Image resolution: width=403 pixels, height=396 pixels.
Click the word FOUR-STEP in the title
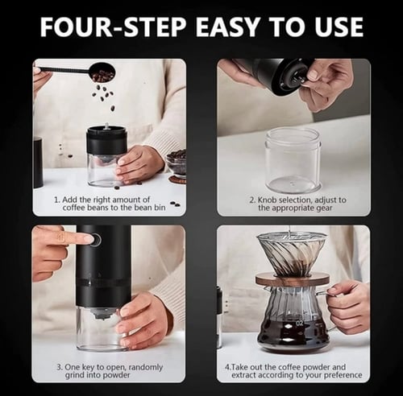coord(113,27)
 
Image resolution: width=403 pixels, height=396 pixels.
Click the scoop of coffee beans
coord(102,72)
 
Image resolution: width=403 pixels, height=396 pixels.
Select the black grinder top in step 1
coord(106,140)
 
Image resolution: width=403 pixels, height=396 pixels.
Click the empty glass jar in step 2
coord(293,160)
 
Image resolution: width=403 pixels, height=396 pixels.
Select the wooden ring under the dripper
coord(293,280)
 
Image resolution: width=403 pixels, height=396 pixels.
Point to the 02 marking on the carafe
coord(300,323)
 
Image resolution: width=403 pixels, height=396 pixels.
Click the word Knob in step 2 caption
coord(268,200)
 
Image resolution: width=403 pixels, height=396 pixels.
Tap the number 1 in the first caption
coord(56,200)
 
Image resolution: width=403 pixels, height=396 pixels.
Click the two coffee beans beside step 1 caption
coord(175,204)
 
